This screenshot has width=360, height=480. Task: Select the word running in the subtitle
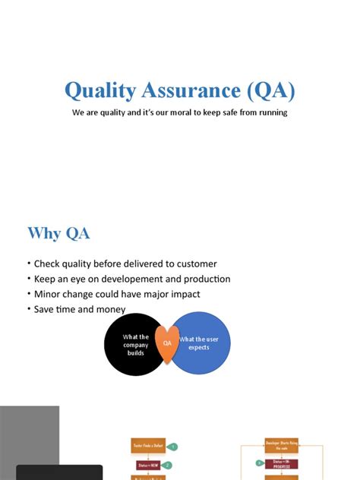pyautogui.click(x=271, y=113)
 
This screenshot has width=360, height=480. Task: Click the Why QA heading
pyautogui.click(x=58, y=233)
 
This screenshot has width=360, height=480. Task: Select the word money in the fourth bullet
pyautogui.click(x=110, y=309)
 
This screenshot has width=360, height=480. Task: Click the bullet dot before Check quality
pyautogui.click(x=29, y=264)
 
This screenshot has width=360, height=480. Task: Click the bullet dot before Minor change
pyautogui.click(x=29, y=294)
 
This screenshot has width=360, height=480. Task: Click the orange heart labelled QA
pyautogui.click(x=167, y=343)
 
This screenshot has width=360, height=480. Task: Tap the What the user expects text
pyautogui.click(x=199, y=343)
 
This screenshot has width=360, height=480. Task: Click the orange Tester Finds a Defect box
pyautogui.click(x=149, y=446)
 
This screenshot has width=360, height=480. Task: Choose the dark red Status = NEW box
pyautogui.click(x=149, y=465)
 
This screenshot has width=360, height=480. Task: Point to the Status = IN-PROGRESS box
pyautogui.click(x=281, y=463)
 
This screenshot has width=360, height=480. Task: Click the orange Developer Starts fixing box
pyautogui.click(x=281, y=445)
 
